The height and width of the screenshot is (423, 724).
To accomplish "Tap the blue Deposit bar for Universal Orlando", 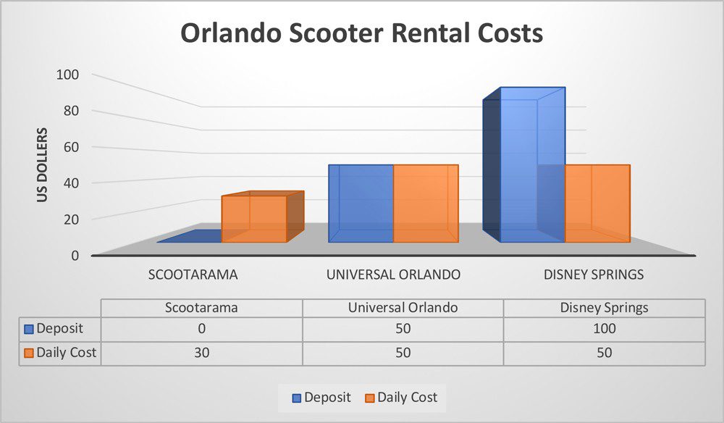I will point(361,204).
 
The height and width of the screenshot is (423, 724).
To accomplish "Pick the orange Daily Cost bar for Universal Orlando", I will point(426,204).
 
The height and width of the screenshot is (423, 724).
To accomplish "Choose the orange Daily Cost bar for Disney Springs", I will point(597,204).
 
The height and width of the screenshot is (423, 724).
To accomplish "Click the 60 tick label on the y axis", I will point(72,146).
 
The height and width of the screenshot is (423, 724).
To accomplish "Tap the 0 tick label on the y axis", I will point(75,254).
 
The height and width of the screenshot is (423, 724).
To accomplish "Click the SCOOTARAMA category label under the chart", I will point(193,275).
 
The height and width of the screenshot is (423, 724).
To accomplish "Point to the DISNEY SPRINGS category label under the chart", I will point(594,275).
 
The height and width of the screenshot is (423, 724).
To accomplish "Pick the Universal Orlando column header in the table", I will point(403,307).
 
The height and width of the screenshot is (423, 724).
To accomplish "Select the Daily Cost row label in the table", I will point(62,353).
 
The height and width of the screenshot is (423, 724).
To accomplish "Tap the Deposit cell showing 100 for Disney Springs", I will point(604,329).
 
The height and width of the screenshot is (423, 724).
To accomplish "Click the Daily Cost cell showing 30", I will point(201,353).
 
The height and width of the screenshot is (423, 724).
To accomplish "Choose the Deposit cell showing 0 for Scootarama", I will point(201,329).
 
